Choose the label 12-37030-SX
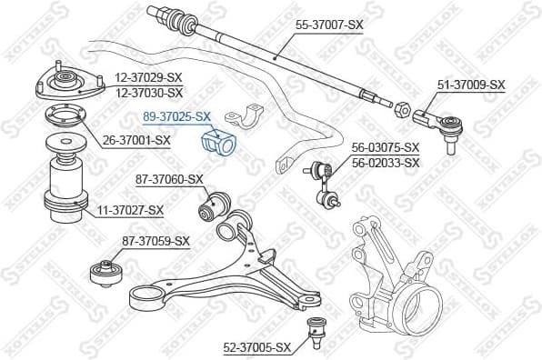(149, 93)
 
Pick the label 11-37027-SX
(130, 210)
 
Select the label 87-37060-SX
(169, 179)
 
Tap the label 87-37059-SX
(156, 241)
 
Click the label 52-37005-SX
(257, 347)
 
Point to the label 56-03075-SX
(386, 147)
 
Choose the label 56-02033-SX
(386, 163)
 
